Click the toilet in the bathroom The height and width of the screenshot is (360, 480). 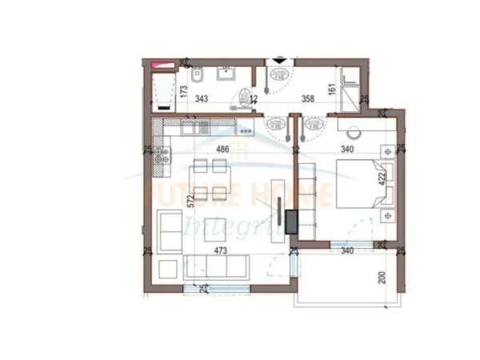pos(201,76)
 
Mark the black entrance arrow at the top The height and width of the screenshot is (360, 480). pos(278,60)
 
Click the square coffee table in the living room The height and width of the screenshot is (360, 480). pos(213,229)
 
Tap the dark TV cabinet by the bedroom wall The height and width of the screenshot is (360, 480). pos(290,219)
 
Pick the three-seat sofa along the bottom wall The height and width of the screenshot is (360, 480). pos(216,268)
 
